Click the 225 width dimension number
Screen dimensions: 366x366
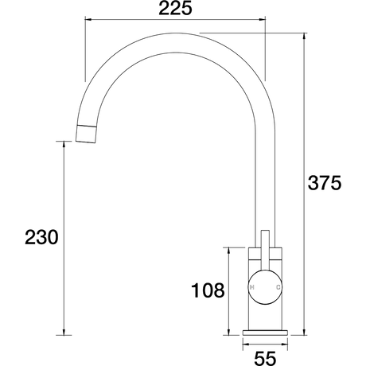(175, 9)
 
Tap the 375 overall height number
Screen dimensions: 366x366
(325, 183)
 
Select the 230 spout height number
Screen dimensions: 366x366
(41, 237)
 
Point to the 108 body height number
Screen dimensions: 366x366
(208, 290)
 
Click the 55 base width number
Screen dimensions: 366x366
(265, 359)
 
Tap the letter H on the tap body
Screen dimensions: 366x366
(252, 287)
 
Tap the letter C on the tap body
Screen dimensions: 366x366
(278, 287)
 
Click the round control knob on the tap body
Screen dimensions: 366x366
(265, 287)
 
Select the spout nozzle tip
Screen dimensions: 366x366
(86, 134)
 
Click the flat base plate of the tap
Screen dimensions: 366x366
(265, 333)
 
